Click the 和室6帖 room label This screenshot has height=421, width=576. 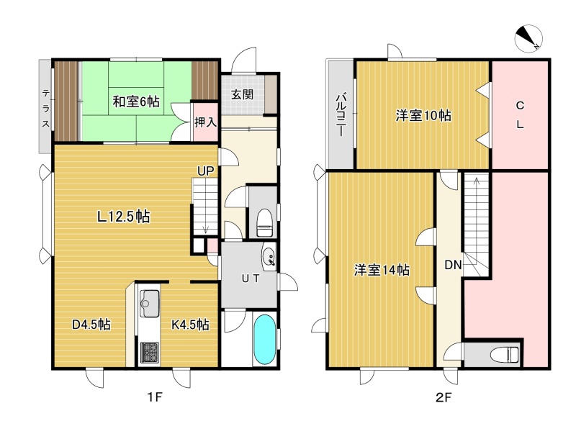[x=136, y=101]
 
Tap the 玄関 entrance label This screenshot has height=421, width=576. [x=242, y=94]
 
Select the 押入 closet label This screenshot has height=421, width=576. [x=205, y=122]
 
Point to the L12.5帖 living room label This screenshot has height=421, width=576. [x=123, y=217]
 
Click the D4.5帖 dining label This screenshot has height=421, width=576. [x=91, y=324]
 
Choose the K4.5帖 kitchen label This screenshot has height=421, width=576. [x=190, y=324]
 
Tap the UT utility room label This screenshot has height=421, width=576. [x=251, y=279]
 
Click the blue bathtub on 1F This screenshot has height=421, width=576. [x=264, y=339]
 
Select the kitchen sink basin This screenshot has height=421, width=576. [x=150, y=303]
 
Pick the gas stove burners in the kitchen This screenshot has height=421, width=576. [x=150, y=353]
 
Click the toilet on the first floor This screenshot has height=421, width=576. [x=264, y=223]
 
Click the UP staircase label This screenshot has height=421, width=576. [x=205, y=171]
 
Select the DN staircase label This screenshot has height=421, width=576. [x=453, y=265]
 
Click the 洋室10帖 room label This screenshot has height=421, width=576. [x=423, y=116]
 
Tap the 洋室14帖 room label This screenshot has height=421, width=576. [x=382, y=270]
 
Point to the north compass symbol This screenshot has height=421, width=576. [x=528, y=39]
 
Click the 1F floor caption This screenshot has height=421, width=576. [x=155, y=397]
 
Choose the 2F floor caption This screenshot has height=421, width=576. [x=444, y=397]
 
